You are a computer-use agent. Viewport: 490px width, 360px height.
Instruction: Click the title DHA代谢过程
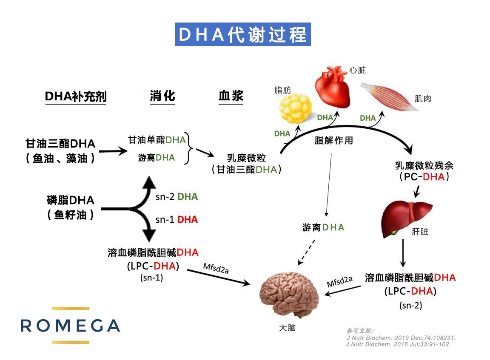[243, 34]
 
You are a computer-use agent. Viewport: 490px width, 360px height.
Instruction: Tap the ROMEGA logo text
[70, 326]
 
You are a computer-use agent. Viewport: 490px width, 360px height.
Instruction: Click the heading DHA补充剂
[75, 97]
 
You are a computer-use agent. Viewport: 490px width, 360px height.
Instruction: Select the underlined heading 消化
[162, 96]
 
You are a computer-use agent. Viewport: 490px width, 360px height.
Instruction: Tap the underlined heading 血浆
[231, 96]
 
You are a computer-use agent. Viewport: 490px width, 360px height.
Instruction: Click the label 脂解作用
[333, 140]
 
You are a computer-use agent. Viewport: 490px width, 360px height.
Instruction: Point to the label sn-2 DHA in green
[177, 197]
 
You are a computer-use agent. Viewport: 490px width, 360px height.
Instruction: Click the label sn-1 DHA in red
[177, 219]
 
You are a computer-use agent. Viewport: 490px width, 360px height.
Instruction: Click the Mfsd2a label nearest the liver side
[339, 281]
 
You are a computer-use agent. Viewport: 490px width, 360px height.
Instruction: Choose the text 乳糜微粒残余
[424, 165]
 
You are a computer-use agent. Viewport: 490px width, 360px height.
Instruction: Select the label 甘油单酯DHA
[157, 140]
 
